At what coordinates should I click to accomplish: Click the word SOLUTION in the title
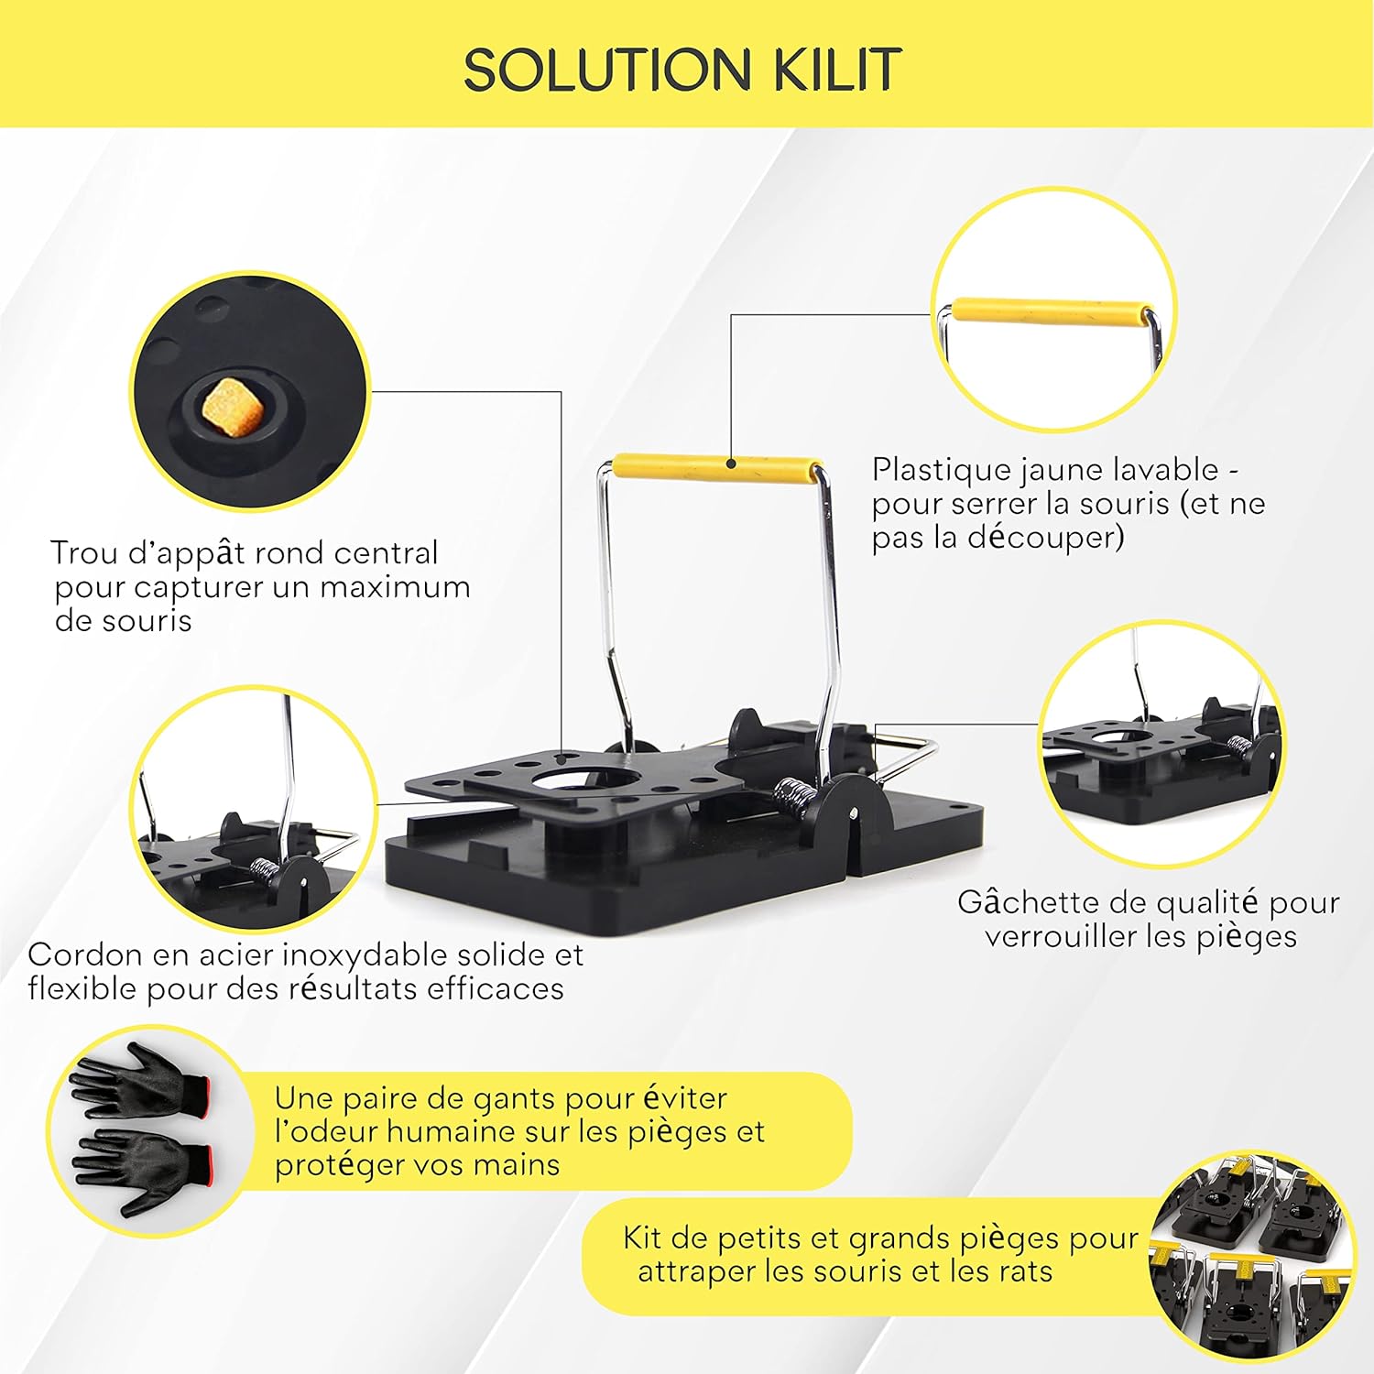[607, 69]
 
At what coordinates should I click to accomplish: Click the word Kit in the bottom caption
[644, 1238]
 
